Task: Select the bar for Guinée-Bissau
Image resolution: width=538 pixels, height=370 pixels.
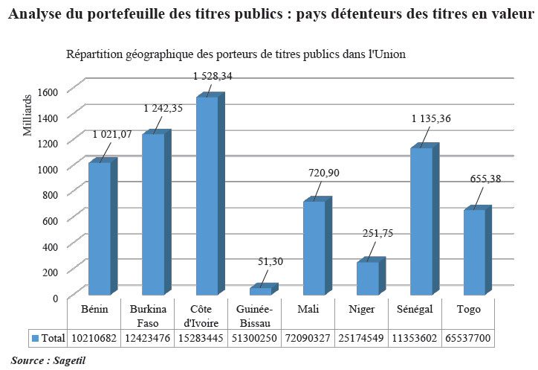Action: click(260, 290)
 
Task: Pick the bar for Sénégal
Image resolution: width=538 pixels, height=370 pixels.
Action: click(421, 220)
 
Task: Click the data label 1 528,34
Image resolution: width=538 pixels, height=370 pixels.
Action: click(212, 76)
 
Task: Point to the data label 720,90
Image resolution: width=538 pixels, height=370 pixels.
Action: click(324, 173)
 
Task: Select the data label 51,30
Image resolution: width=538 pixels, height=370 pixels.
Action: click(269, 261)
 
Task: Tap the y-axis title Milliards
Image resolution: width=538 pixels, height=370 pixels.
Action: click(28, 115)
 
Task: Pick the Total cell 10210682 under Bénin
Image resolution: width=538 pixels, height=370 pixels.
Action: click(94, 338)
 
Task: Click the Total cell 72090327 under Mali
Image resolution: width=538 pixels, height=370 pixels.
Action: click(308, 338)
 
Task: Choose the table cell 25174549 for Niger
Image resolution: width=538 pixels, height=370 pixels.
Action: click(362, 338)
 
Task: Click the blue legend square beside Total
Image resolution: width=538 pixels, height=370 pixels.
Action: click(35, 339)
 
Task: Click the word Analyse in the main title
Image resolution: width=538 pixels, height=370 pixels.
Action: click(38, 15)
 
